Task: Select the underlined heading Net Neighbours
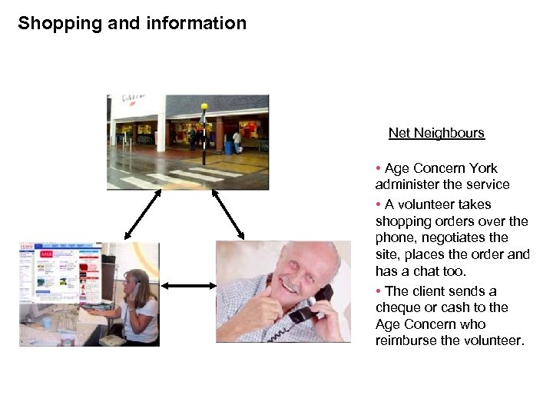(x=436, y=133)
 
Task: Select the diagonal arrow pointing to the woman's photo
(x=142, y=214)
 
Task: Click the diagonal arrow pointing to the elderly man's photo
(x=227, y=213)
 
